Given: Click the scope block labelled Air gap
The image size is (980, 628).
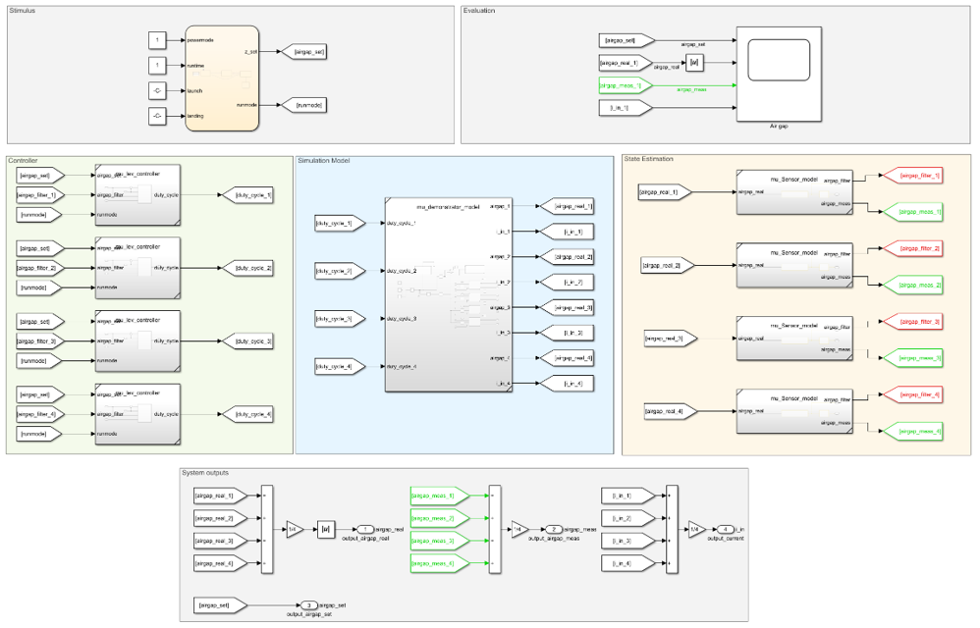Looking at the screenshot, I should click(780, 74).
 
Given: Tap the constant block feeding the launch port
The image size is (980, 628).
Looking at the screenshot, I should click(157, 90).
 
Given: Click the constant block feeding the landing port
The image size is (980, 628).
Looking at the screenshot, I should click(157, 116).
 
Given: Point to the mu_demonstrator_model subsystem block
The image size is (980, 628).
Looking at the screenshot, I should click(448, 295).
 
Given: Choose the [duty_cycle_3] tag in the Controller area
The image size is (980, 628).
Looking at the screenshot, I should click(249, 340).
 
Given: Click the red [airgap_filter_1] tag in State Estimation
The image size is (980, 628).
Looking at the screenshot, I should click(912, 176).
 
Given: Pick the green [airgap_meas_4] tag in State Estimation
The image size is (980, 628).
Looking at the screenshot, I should click(912, 431).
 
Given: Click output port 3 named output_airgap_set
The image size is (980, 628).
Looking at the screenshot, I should click(308, 605).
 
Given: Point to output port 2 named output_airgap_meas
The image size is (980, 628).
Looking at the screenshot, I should click(554, 530).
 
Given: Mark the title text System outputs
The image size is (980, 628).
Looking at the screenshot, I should click(207, 473).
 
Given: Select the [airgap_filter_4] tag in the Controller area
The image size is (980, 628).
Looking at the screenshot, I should click(39, 414).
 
